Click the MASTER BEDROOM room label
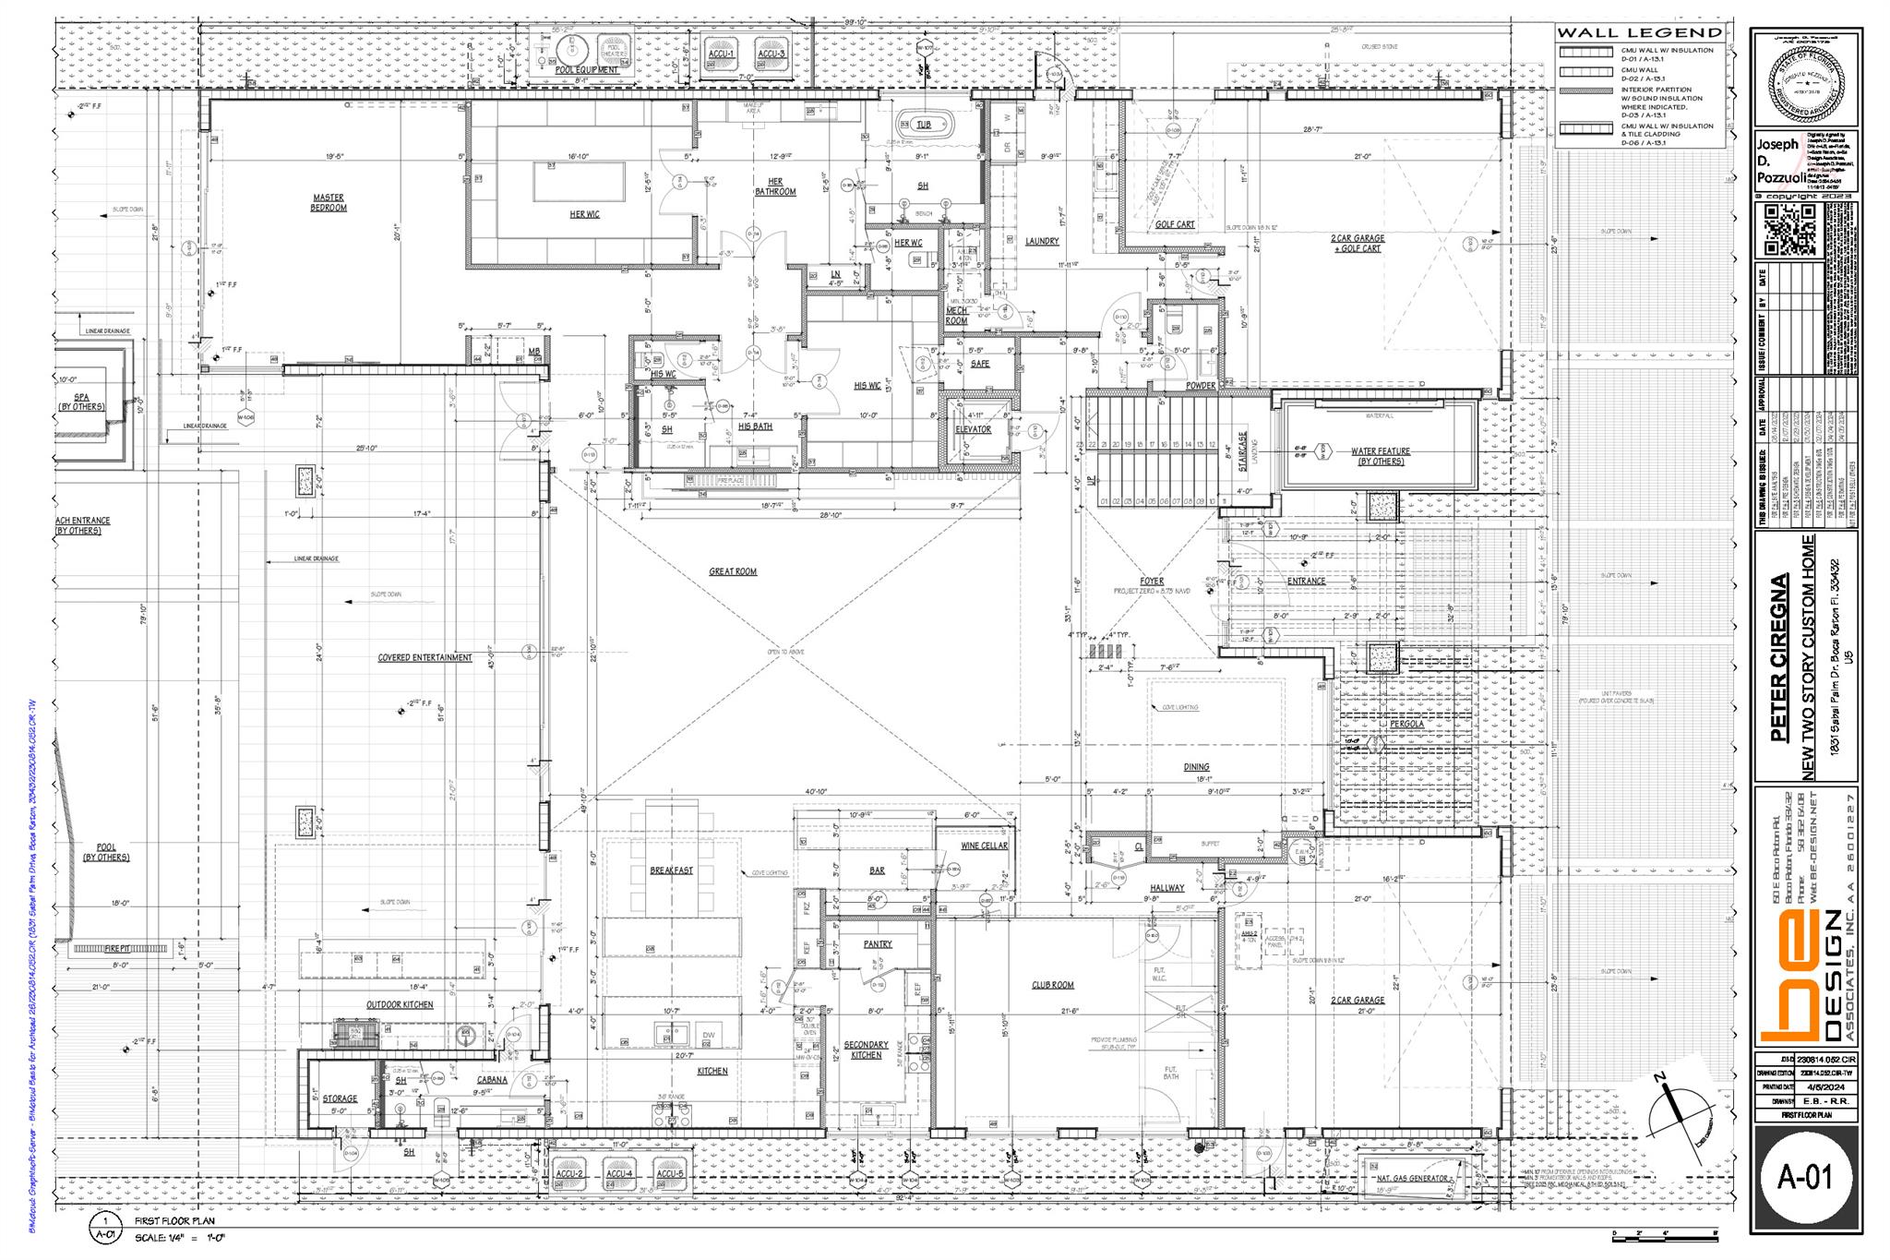coord(329,202)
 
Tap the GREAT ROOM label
coord(733,571)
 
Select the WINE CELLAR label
coord(984,846)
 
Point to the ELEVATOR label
coord(973,429)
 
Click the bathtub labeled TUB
coord(923,125)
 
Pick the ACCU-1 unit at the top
coord(721,53)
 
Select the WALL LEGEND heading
coord(1640,32)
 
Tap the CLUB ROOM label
coord(1053,985)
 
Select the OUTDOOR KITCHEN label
coord(400,1004)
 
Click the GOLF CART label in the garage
coord(1175,224)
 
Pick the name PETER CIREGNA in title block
coord(1778,657)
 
